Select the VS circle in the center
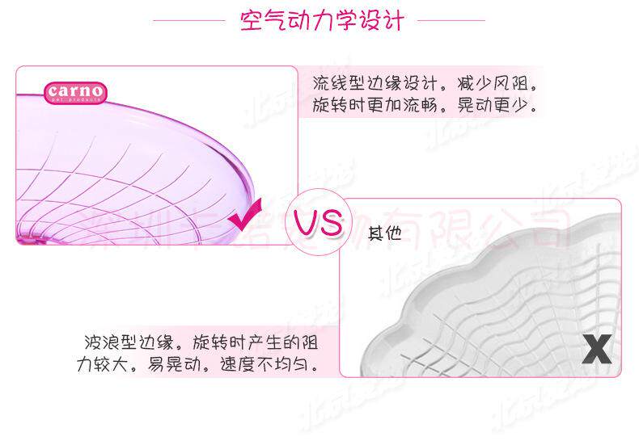[318, 223]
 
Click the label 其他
[384, 233]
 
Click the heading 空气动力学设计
[321, 19]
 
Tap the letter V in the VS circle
[307, 223]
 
